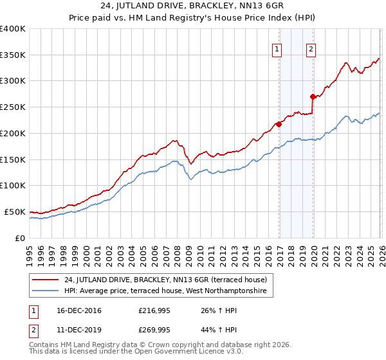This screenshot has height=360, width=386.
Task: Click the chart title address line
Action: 192,7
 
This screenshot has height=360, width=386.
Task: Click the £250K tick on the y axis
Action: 13,107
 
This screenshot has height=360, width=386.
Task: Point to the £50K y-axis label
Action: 14,212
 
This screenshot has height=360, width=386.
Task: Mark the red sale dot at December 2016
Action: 279,124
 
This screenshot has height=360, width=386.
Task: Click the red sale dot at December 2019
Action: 313,96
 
